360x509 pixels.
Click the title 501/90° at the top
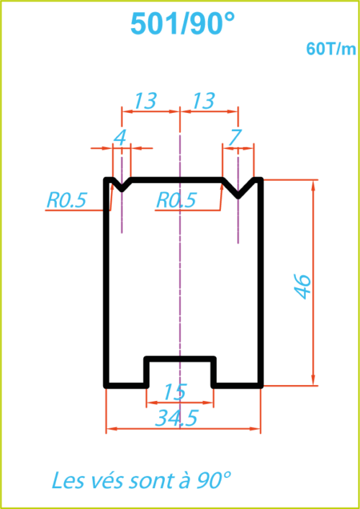point(182,24)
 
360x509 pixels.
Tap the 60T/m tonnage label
point(330,49)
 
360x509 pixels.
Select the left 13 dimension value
point(145,100)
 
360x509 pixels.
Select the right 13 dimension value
point(204,100)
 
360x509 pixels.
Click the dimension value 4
point(120,139)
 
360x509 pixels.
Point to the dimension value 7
point(235,139)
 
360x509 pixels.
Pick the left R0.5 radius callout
point(66,200)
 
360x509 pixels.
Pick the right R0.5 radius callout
point(176,200)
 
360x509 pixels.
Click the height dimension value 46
point(303,287)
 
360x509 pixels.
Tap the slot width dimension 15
point(174,392)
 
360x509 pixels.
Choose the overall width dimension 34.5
point(176,418)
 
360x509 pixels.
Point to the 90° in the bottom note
point(213,480)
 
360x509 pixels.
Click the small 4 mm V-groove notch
point(122,185)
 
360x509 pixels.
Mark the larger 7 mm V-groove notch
point(238,188)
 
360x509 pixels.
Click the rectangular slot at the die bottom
point(180,371)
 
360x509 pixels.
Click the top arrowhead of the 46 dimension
point(313,185)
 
